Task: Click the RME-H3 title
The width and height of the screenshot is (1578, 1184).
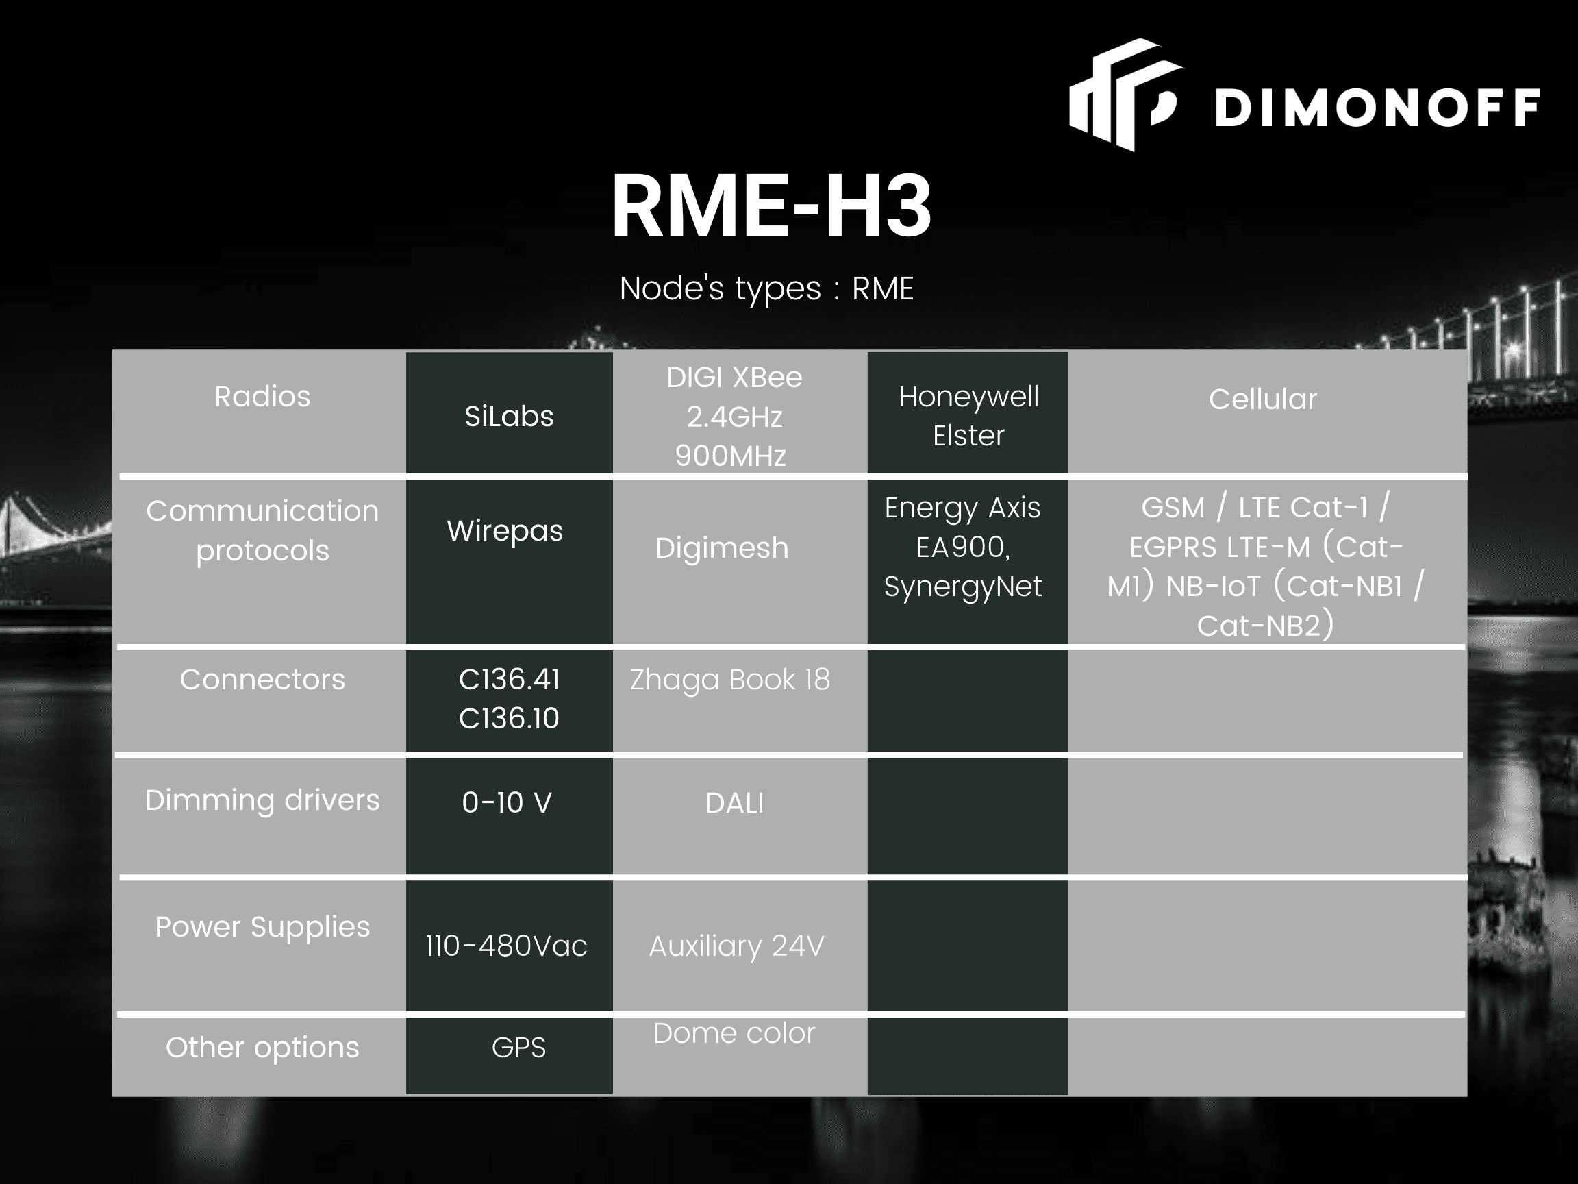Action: (x=771, y=206)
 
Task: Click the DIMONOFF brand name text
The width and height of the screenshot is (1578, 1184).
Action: (x=1376, y=108)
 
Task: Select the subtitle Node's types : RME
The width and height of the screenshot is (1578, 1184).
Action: (x=766, y=289)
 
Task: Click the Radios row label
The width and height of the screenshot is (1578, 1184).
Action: (x=262, y=397)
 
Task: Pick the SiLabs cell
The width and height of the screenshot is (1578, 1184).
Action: (x=509, y=416)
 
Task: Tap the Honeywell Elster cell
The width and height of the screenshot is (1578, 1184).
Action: (x=968, y=416)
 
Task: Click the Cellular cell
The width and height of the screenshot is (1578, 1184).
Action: (x=1262, y=399)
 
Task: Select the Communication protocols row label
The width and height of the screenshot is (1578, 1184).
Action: (x=262, y=530)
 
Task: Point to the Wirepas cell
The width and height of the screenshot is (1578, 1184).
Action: (x=505, y=530)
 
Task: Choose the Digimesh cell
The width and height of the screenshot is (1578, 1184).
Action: (x=722, y=548)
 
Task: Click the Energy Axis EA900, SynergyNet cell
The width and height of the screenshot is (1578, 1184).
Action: (x=962, y=547)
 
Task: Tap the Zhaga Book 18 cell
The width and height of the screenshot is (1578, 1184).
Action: (x=730, y=680)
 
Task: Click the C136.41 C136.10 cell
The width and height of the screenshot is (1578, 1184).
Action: (x=509, y=699)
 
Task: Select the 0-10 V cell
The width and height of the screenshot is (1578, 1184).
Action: (x=507, y=803)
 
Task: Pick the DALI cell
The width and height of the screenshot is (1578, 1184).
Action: (x=734, y=804)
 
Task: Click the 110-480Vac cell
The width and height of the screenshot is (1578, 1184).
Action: (x=507, y=946)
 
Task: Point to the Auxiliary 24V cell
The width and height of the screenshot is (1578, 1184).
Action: (x=736, y=946)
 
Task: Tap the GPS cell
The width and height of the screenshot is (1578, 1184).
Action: (x=518, y=1048)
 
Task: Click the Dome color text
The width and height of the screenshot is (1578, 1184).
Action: (x=734, y=1033)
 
